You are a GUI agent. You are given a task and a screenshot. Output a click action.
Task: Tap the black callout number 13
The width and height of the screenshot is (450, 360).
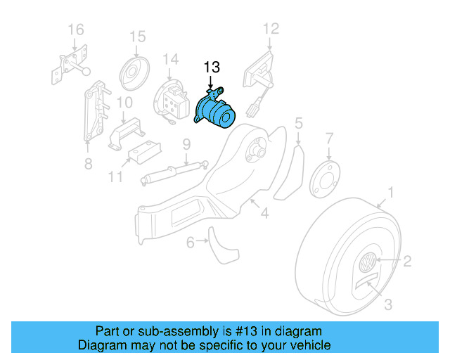[x=212, y=67]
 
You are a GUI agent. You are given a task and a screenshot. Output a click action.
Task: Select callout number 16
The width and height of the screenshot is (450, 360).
[x=75, y=29]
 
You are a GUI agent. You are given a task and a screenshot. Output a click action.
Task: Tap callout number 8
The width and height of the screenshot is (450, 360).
[x=88, y=164]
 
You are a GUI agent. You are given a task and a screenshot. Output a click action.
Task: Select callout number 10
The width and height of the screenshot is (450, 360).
[x=124, y=103]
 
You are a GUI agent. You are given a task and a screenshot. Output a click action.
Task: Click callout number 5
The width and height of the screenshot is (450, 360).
[x=299, y=124]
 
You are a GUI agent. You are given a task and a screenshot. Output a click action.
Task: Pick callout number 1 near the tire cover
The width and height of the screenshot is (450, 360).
[x=392, y=191]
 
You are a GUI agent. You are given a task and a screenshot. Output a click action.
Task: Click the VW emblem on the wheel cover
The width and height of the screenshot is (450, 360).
[x=366, y=266]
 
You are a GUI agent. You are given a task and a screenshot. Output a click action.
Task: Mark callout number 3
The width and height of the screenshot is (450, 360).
[x=387, y=304]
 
